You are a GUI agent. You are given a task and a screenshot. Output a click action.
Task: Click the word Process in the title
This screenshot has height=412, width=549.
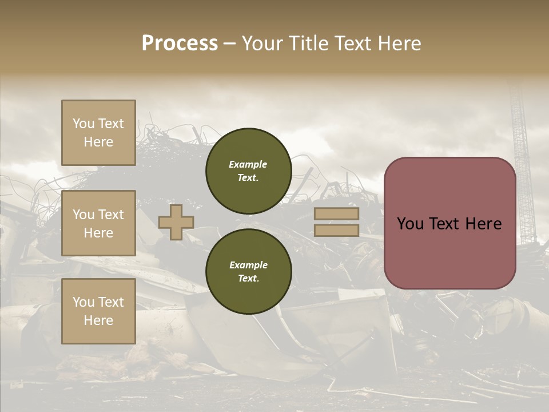(180, 43)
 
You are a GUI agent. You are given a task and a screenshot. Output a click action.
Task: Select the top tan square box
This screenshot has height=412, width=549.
(98, 133)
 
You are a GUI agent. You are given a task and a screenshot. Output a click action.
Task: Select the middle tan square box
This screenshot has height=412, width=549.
(98, 223)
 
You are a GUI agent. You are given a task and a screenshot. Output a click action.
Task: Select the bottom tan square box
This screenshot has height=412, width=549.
(98, 311)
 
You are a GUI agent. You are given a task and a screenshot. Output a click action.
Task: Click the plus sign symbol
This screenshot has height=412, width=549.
(176, 222)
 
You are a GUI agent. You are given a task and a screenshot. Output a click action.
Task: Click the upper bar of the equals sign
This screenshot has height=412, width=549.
(337, 213)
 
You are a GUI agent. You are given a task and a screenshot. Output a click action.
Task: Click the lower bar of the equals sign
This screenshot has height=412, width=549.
(337, 230)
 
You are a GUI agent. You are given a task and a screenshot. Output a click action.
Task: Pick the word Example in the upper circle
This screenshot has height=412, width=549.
(248, 164)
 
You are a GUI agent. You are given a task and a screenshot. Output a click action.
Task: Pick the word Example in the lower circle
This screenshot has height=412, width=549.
(248, 265)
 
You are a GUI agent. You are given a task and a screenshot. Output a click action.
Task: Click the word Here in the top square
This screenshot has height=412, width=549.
(98, 142)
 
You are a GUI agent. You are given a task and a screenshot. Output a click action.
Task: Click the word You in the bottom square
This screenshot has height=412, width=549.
(83, 302)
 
